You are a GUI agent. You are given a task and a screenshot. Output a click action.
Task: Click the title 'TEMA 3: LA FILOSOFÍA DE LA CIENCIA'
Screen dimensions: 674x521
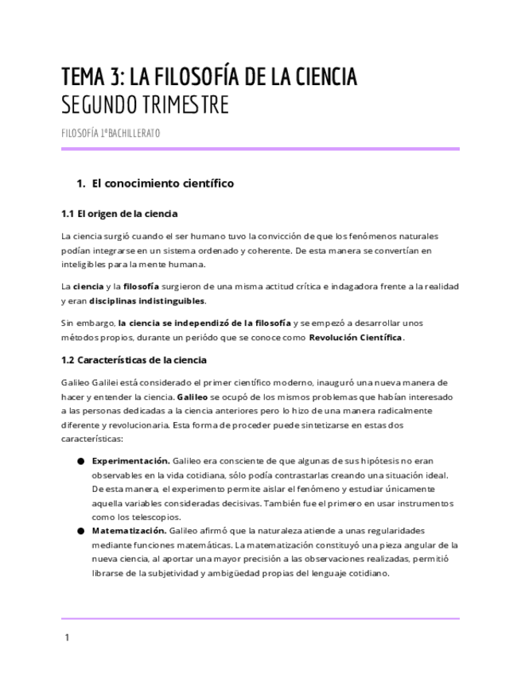[209, 77]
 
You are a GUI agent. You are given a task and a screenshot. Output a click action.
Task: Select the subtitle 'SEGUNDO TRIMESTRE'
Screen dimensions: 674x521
[145, 105]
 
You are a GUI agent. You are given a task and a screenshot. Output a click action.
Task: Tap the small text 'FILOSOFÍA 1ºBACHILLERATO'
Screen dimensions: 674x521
[111, 133]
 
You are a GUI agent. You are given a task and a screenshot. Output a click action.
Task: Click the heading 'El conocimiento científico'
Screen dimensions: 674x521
[163, 184]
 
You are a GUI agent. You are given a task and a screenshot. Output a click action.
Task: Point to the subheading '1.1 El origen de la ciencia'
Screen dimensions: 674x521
[119, 214]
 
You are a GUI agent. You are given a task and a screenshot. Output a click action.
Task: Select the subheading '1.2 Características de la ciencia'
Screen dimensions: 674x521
[134, 360]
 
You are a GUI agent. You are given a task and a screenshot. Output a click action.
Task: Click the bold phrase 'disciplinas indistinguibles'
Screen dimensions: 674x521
[147, 301]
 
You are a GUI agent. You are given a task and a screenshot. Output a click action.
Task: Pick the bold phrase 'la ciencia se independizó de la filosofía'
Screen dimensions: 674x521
[204, 323]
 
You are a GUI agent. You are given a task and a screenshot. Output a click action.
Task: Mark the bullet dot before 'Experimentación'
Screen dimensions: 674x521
[81, 461]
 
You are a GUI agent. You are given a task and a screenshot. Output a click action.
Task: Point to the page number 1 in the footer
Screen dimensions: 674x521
[67, 637]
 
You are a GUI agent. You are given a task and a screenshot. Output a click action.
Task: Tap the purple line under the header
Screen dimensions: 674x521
[260, 149]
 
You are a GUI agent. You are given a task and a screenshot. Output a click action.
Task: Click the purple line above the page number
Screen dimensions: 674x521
[260, 618]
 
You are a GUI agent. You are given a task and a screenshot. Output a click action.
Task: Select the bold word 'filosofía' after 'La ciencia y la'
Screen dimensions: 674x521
[141, 286]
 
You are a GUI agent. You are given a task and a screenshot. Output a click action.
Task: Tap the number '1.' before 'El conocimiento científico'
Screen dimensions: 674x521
[80, 184]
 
